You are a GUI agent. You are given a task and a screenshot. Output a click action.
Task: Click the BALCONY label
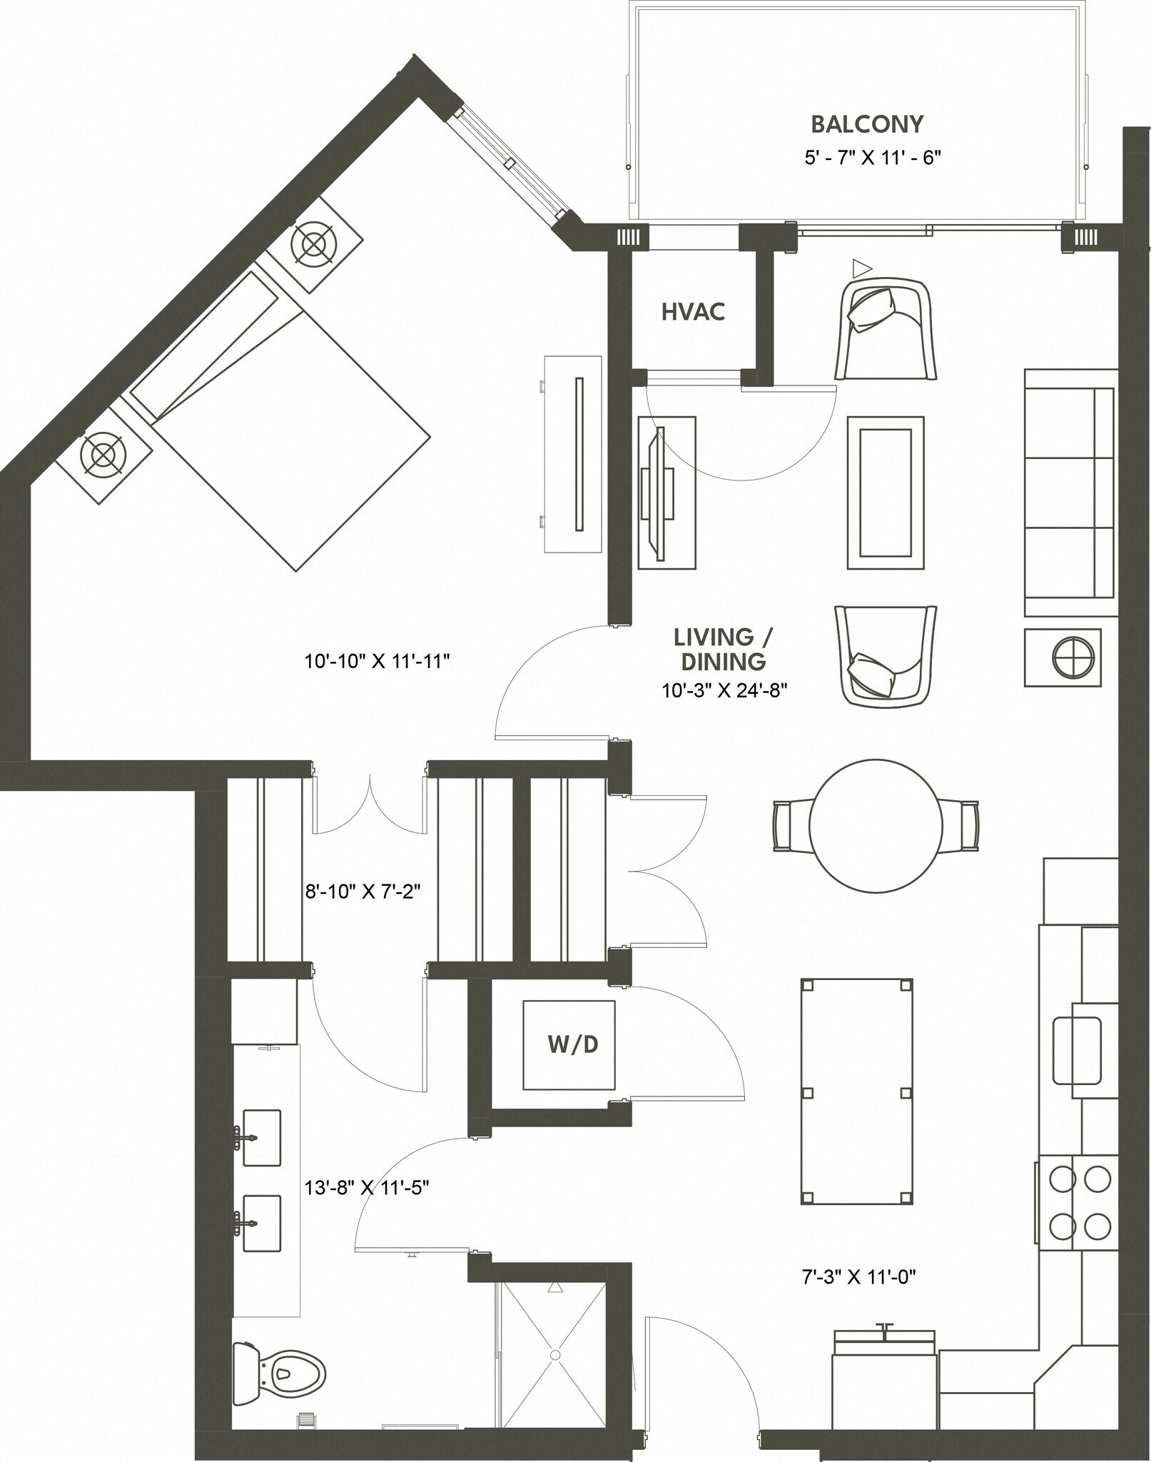[x=867, y=124]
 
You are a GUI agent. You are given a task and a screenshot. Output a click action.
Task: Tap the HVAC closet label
[x=693, y=312]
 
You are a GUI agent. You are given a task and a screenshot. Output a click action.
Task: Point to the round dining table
[x=876, y=824]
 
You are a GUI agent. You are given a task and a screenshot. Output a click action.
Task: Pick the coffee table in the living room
[x=886, y=493]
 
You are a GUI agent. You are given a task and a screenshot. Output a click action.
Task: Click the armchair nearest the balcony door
[x=886, y=328]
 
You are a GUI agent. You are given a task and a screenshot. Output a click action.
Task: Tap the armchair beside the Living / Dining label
[x=885, y=655]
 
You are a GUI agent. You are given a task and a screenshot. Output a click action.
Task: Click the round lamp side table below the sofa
[x=1063, y=657]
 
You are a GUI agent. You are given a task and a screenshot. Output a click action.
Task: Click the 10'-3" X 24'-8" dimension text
[x=724, y=690]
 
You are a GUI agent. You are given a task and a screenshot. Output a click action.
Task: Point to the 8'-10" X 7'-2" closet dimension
[x=361, y=891]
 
